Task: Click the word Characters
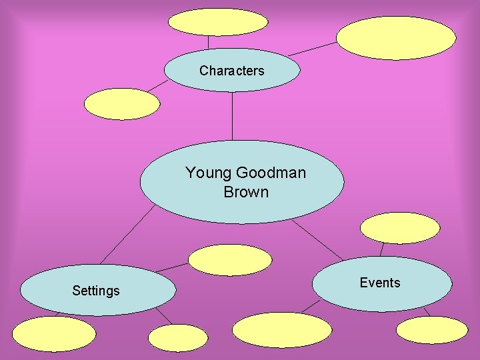coord(231,71)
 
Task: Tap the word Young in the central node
coord(207,173)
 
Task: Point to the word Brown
coord(246,192)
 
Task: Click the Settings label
coord(96,291)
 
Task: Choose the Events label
coord(380,283)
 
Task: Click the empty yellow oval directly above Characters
coord(218,22)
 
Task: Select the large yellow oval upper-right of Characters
coord(396,38)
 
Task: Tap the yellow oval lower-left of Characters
coord(122,104)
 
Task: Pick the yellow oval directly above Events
coord(400,228)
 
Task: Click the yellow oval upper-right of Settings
coord(230,260)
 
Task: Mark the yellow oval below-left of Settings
coord(54,333)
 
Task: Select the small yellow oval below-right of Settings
coord(178,338)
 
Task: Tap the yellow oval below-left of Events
coord(282,330)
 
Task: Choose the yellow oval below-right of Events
coord(432,329)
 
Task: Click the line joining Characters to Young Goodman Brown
coord(232,117)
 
